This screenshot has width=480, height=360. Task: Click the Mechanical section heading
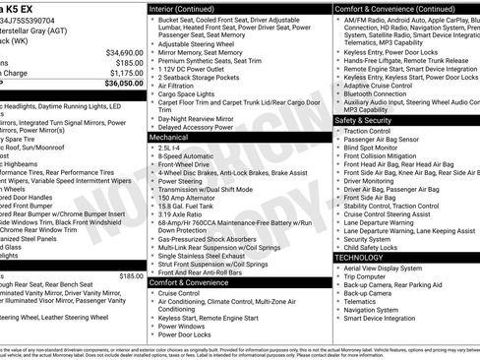click(x=169, y=138)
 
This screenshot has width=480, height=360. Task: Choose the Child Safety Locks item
click(x=371, y=247)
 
